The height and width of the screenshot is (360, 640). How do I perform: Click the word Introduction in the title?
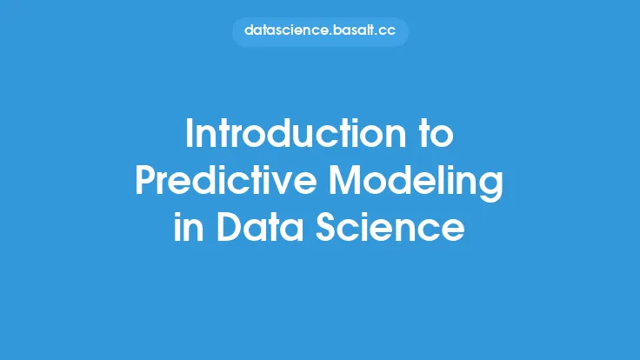point(296,133)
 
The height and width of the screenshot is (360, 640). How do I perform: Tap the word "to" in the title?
point(437,134)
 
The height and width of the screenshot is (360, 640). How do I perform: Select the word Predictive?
point(226,180)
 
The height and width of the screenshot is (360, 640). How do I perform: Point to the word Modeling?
point(416,183)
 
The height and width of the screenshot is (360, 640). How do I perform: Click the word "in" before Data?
point(188,226)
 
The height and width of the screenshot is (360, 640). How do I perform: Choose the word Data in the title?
point(260,227)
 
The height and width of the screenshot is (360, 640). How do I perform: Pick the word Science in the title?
point(390,227)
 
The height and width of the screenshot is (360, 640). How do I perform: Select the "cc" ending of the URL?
point(387,32)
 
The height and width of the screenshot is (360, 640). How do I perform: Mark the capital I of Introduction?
point(190,133)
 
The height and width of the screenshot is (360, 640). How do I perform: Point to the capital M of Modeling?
point(345,180)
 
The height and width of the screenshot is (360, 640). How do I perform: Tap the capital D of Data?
point(229,227)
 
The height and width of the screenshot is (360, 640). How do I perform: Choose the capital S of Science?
point(326,227)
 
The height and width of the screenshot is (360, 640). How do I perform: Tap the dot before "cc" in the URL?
point(377,35)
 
